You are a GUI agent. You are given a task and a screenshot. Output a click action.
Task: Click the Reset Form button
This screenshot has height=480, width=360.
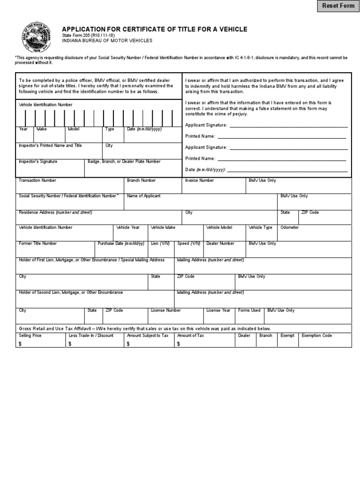click(x=337, y=6)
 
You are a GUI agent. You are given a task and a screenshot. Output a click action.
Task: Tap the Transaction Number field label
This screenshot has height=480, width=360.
click(x=37, y=180)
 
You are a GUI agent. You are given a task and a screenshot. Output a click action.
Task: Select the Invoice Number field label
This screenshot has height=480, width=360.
click(x=199, y=180)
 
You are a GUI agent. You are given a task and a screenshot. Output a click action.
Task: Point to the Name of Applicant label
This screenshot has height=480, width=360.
click(x=143, y=196)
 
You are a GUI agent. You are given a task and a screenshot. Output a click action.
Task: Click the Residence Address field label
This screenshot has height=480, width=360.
click(x=55, y=212)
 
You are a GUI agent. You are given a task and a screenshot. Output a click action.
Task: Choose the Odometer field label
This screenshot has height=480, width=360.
click(x=289, y=227)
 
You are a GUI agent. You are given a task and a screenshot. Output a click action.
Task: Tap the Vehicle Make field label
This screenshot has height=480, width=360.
click(x=163, y=227)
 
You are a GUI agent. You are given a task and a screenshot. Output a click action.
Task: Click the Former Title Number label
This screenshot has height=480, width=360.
click(x=37, y=244)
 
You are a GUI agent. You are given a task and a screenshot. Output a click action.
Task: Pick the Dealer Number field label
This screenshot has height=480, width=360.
click(x=220, y=244)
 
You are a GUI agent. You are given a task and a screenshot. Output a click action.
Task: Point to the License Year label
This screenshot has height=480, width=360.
click(x=218, y=310)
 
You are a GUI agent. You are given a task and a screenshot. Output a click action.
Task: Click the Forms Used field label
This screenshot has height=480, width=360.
click(x=249, y=310)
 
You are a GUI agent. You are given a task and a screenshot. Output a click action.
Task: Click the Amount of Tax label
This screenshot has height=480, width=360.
click(x=190, y=336)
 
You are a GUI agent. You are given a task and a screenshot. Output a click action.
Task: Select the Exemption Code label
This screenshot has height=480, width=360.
click(x=316, y=336)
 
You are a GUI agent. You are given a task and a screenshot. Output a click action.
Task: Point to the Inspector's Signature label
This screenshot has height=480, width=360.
click(x=38, y=162)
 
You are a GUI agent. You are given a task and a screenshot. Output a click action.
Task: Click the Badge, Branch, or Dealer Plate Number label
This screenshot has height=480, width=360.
click(x=124, y=162)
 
